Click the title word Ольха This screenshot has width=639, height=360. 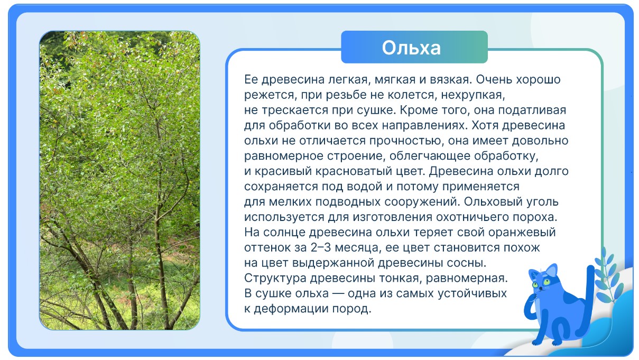click(411, 48)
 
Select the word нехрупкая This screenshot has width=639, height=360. click(473, 95)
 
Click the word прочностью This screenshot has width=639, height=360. click(407, 141)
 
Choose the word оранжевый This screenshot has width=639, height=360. click(522, 233)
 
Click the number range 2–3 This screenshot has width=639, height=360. click(321, 247)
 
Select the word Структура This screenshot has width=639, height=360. click(275, 278)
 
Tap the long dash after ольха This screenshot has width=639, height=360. click(338, 293)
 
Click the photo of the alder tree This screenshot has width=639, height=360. click(119, 180)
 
